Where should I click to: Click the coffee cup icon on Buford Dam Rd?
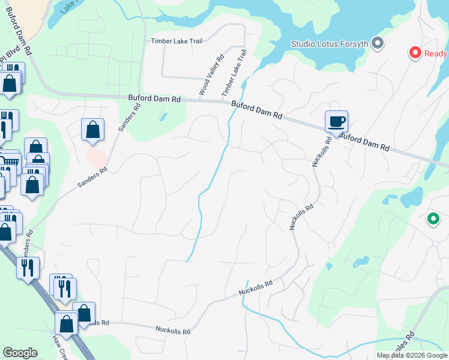[x=336, y=122]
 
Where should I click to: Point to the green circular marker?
[x=432, y=220]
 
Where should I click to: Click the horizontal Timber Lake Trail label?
[x=176, y=41]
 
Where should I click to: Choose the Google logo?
[x=20, y=353]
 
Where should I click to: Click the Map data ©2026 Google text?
[x=412, y=355]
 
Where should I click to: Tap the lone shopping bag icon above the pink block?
[x=92, y=130]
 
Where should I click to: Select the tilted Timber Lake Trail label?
[x=235, y=73]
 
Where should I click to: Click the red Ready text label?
[x=436, y=53]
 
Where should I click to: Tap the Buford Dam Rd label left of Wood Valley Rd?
[x=154, y=98]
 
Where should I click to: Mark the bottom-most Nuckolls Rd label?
[x=173, y=330]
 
